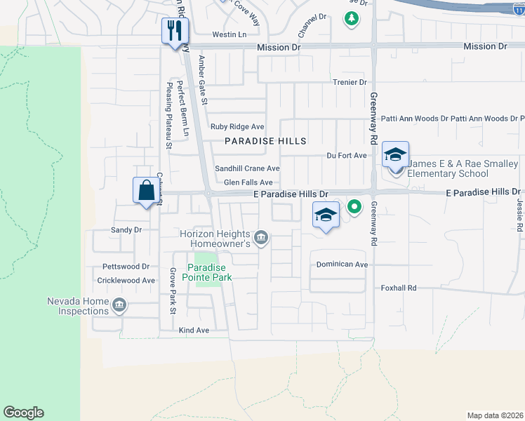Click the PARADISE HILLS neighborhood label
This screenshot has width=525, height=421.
point(265,141)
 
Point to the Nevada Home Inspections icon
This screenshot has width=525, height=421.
point(119,305)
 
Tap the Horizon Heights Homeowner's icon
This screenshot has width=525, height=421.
point(260,238)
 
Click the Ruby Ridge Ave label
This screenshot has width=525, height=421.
point(237,127)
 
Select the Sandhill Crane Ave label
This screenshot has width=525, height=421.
point(247,168)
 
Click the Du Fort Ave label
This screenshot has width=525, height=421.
point(347,155)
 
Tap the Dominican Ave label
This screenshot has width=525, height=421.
point(342,265)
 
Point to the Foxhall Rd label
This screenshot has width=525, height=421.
point(399,288)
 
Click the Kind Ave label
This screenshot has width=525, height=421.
point(194,330)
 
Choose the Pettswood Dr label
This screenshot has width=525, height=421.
point(126,267)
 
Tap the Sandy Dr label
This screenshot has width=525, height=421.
point(126,229)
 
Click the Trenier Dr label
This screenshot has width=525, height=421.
point(350,82)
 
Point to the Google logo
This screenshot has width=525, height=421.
point(23,413)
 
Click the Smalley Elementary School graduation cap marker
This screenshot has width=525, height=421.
point(396,155)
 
